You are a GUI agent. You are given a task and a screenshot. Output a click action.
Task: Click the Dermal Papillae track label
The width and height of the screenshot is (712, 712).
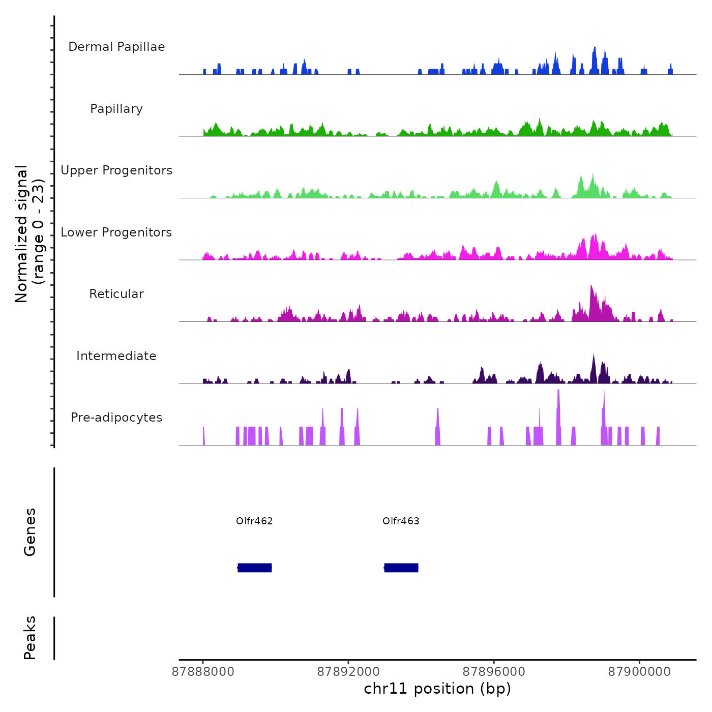click(x=116, y=47)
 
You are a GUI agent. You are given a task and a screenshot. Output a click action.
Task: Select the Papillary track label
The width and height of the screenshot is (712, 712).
click(x=116, y=109)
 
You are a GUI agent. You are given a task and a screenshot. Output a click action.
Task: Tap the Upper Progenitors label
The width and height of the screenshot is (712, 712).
click(x=116, y=170)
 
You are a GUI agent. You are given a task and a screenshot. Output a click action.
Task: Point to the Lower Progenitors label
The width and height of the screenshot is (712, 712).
click(x=116, y=232)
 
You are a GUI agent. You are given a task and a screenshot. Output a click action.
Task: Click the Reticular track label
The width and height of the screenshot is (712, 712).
click(x=116, y=294)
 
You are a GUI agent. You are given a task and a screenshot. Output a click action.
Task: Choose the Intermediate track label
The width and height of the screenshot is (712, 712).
click(x=116, y=356)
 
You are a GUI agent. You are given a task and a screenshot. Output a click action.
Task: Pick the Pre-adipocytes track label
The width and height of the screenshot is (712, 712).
click(x=116, y=418)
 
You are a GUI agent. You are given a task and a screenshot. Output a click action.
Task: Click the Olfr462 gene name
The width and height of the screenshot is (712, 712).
click(x=254, y=521)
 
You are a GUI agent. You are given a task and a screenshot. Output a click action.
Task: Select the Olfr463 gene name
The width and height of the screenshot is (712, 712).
click(x=401, y=521)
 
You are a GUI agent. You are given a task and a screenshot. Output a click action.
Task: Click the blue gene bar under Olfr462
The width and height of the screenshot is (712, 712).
click(x=255, y=568)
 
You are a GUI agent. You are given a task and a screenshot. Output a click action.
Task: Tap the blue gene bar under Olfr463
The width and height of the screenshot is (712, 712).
click(x=401, y=568)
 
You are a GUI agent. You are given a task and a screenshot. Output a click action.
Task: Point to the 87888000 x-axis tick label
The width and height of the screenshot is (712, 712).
click(x=203, y=672)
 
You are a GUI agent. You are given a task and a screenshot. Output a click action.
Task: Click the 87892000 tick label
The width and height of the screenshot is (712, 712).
click(x=348, y=672)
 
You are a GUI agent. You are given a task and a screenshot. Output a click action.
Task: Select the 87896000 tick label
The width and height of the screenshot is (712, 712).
click(x=494, y=672)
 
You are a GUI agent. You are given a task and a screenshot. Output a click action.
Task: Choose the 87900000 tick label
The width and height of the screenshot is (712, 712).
click(x=639, y=672)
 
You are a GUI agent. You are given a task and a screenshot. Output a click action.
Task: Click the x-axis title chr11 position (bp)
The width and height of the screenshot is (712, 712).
click(x=437, y=689)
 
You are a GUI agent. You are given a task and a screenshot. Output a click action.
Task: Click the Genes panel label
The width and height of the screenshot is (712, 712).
click(x=30, y=532)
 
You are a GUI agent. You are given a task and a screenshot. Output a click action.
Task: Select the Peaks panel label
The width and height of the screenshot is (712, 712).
click(x=30, y=638)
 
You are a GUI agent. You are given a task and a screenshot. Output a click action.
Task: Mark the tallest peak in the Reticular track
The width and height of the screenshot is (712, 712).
click(x=591, y=287)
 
